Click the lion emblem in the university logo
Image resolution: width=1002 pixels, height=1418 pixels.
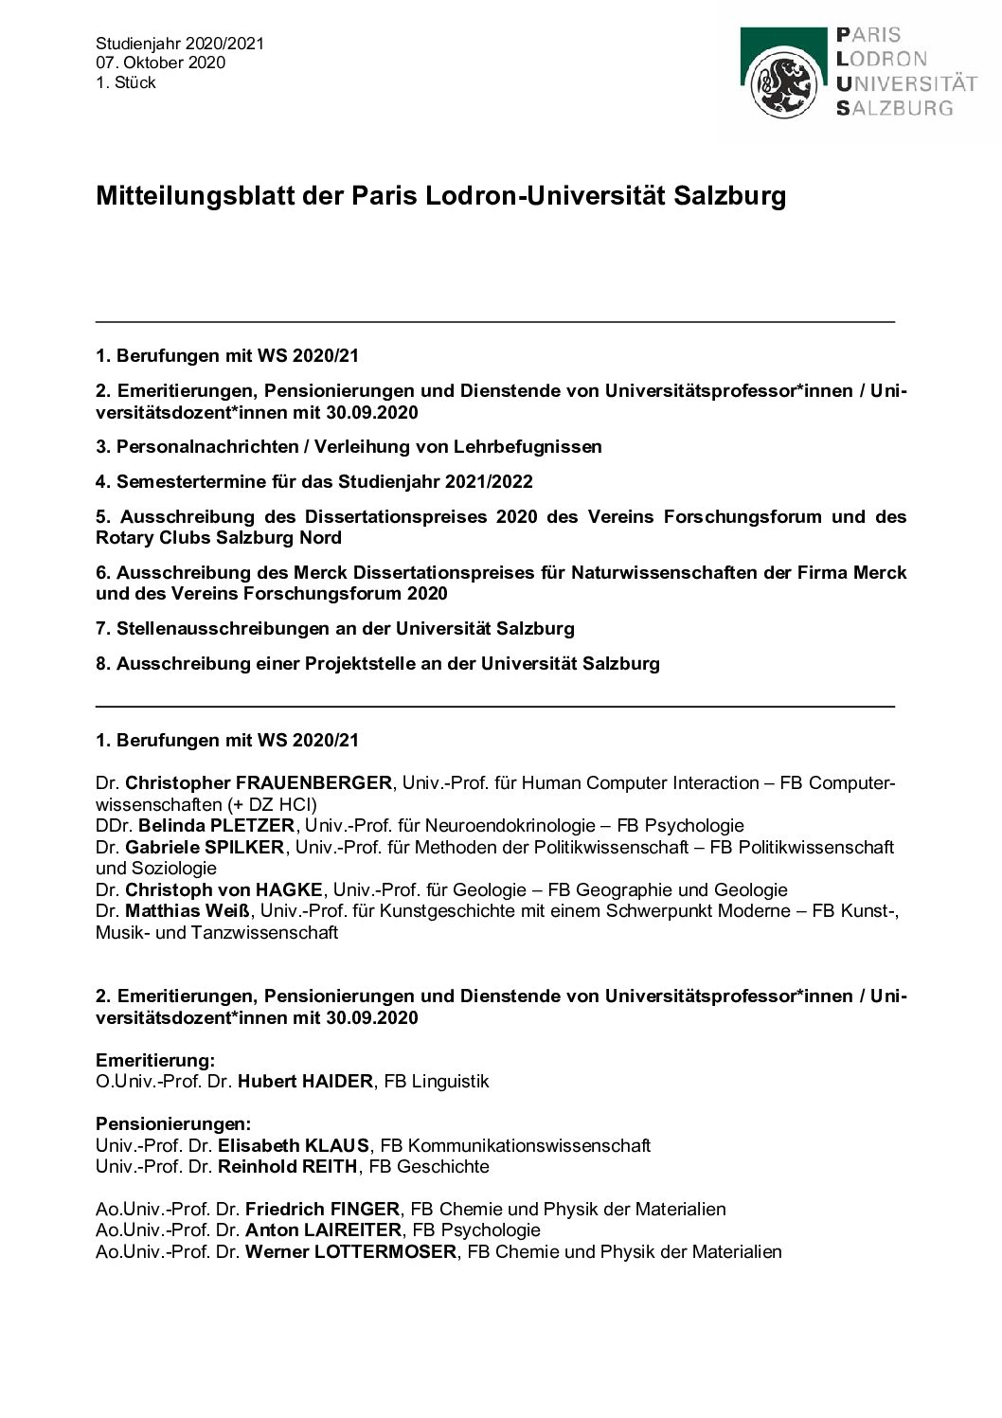[x=781, y=81]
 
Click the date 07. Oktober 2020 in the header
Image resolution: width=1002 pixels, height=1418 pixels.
[x=160, y=63]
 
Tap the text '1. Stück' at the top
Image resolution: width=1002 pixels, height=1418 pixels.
[x=125, y=82]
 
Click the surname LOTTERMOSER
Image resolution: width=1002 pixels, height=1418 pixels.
[x=374, y=1251]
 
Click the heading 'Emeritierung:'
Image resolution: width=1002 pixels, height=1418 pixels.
[x=155, y=1060]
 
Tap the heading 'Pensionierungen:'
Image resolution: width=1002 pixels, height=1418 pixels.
[x=172, y=1124]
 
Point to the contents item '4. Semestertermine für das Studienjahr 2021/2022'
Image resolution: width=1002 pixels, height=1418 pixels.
[x=313, y=481]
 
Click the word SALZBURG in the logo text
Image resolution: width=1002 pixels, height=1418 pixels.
[x=894, y=108]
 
